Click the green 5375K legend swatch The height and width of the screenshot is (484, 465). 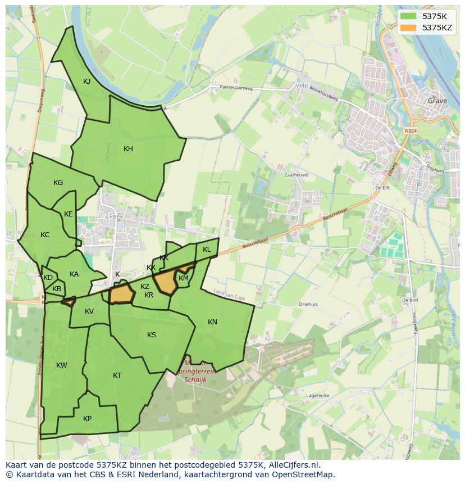[408, 16]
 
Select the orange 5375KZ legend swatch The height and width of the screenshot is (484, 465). [408, 27]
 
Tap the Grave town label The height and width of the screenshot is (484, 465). [437, 101]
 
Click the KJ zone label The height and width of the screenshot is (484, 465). [87, 82]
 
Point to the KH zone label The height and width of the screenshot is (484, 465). [129, 149]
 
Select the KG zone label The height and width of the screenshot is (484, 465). [58, 183]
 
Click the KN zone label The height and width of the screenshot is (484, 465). [212, 322]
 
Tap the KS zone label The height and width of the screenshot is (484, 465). [152, 335]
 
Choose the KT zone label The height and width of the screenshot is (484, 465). [117, 376]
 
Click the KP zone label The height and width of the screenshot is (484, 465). [87, 419]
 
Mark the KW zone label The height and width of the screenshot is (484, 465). [62, 365]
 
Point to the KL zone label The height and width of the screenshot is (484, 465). [207, 250]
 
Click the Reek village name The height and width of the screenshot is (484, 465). [116, 216]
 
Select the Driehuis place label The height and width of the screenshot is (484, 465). [308, 304]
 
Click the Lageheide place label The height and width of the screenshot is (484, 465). [317, 396]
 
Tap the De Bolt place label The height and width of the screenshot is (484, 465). [410, 300]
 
